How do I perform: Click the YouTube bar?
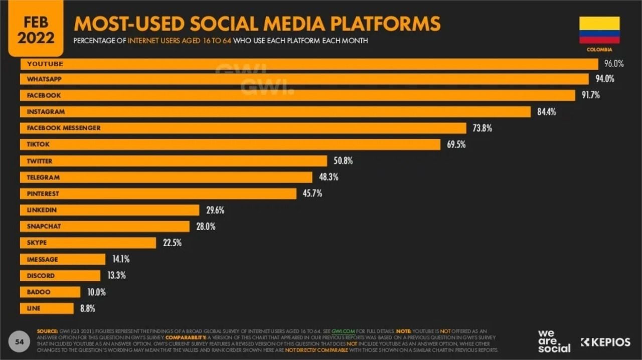(309, 64)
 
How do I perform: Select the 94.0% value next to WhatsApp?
(604, 79)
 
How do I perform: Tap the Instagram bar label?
(46, 112)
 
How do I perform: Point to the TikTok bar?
(230, 144)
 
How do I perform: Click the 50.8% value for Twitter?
(343, 161)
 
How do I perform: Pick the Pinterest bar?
(158, 194)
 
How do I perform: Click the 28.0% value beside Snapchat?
(206, 226)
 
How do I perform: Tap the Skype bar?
(88, 243)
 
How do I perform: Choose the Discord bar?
(60, 275)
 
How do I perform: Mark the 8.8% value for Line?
(87, 308)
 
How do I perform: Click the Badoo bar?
(50, 292)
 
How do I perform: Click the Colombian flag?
(599, 30)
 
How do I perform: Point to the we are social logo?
(554, 341)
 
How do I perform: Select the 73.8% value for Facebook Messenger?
(482, 128)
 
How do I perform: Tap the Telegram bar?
(166, 177)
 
